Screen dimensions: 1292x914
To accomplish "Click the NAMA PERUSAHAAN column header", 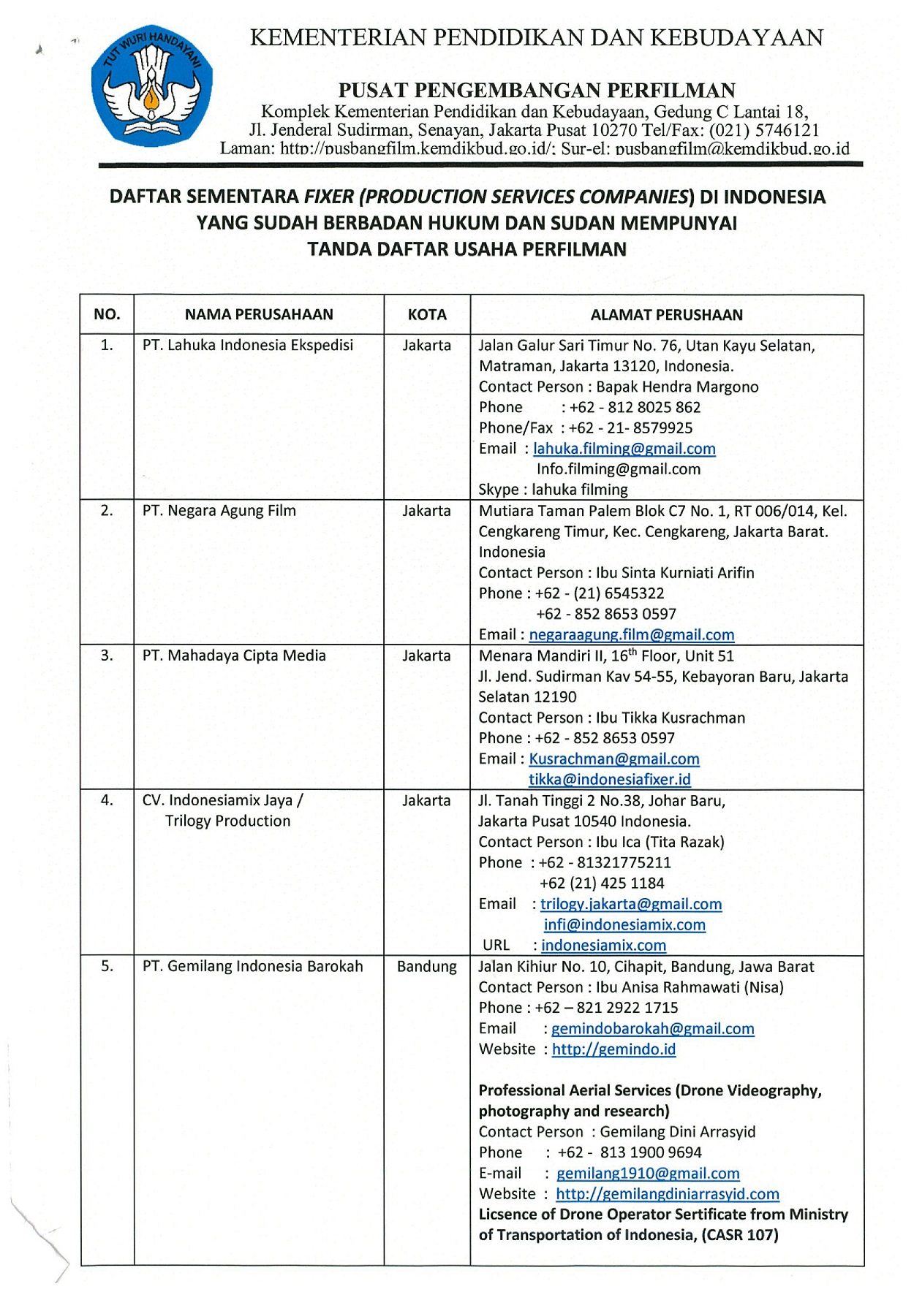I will [259, 315].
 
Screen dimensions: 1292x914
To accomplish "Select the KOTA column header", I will [427, 315].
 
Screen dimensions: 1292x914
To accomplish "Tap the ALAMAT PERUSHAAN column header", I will [666, 315].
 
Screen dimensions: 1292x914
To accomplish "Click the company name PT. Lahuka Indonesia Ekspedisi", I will [248, 345].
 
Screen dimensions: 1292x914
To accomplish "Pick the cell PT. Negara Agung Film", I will [219, 511].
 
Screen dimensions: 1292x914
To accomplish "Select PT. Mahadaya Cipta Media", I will [234, 655].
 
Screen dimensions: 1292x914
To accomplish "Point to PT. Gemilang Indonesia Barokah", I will [252, 966].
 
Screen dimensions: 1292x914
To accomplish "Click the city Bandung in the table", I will [427, 966].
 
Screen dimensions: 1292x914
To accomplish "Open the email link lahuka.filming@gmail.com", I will [624, 449].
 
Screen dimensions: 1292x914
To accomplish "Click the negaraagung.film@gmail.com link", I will [632, 635].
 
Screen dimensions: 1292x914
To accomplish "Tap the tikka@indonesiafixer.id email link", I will [610, 780].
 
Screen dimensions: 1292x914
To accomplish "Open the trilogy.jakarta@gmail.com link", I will [631, 904].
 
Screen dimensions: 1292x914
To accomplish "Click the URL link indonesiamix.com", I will [603, 945].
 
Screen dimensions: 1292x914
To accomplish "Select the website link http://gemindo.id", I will [613, 1049].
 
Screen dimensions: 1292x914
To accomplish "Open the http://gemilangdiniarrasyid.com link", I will [668, 1194].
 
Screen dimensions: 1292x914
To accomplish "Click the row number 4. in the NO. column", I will [107, 801].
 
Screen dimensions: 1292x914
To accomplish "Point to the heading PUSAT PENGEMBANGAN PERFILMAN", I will [537, 91].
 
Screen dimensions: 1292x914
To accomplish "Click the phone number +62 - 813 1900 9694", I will [630, 1152].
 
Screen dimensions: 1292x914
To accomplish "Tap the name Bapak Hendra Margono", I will [678, 387].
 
